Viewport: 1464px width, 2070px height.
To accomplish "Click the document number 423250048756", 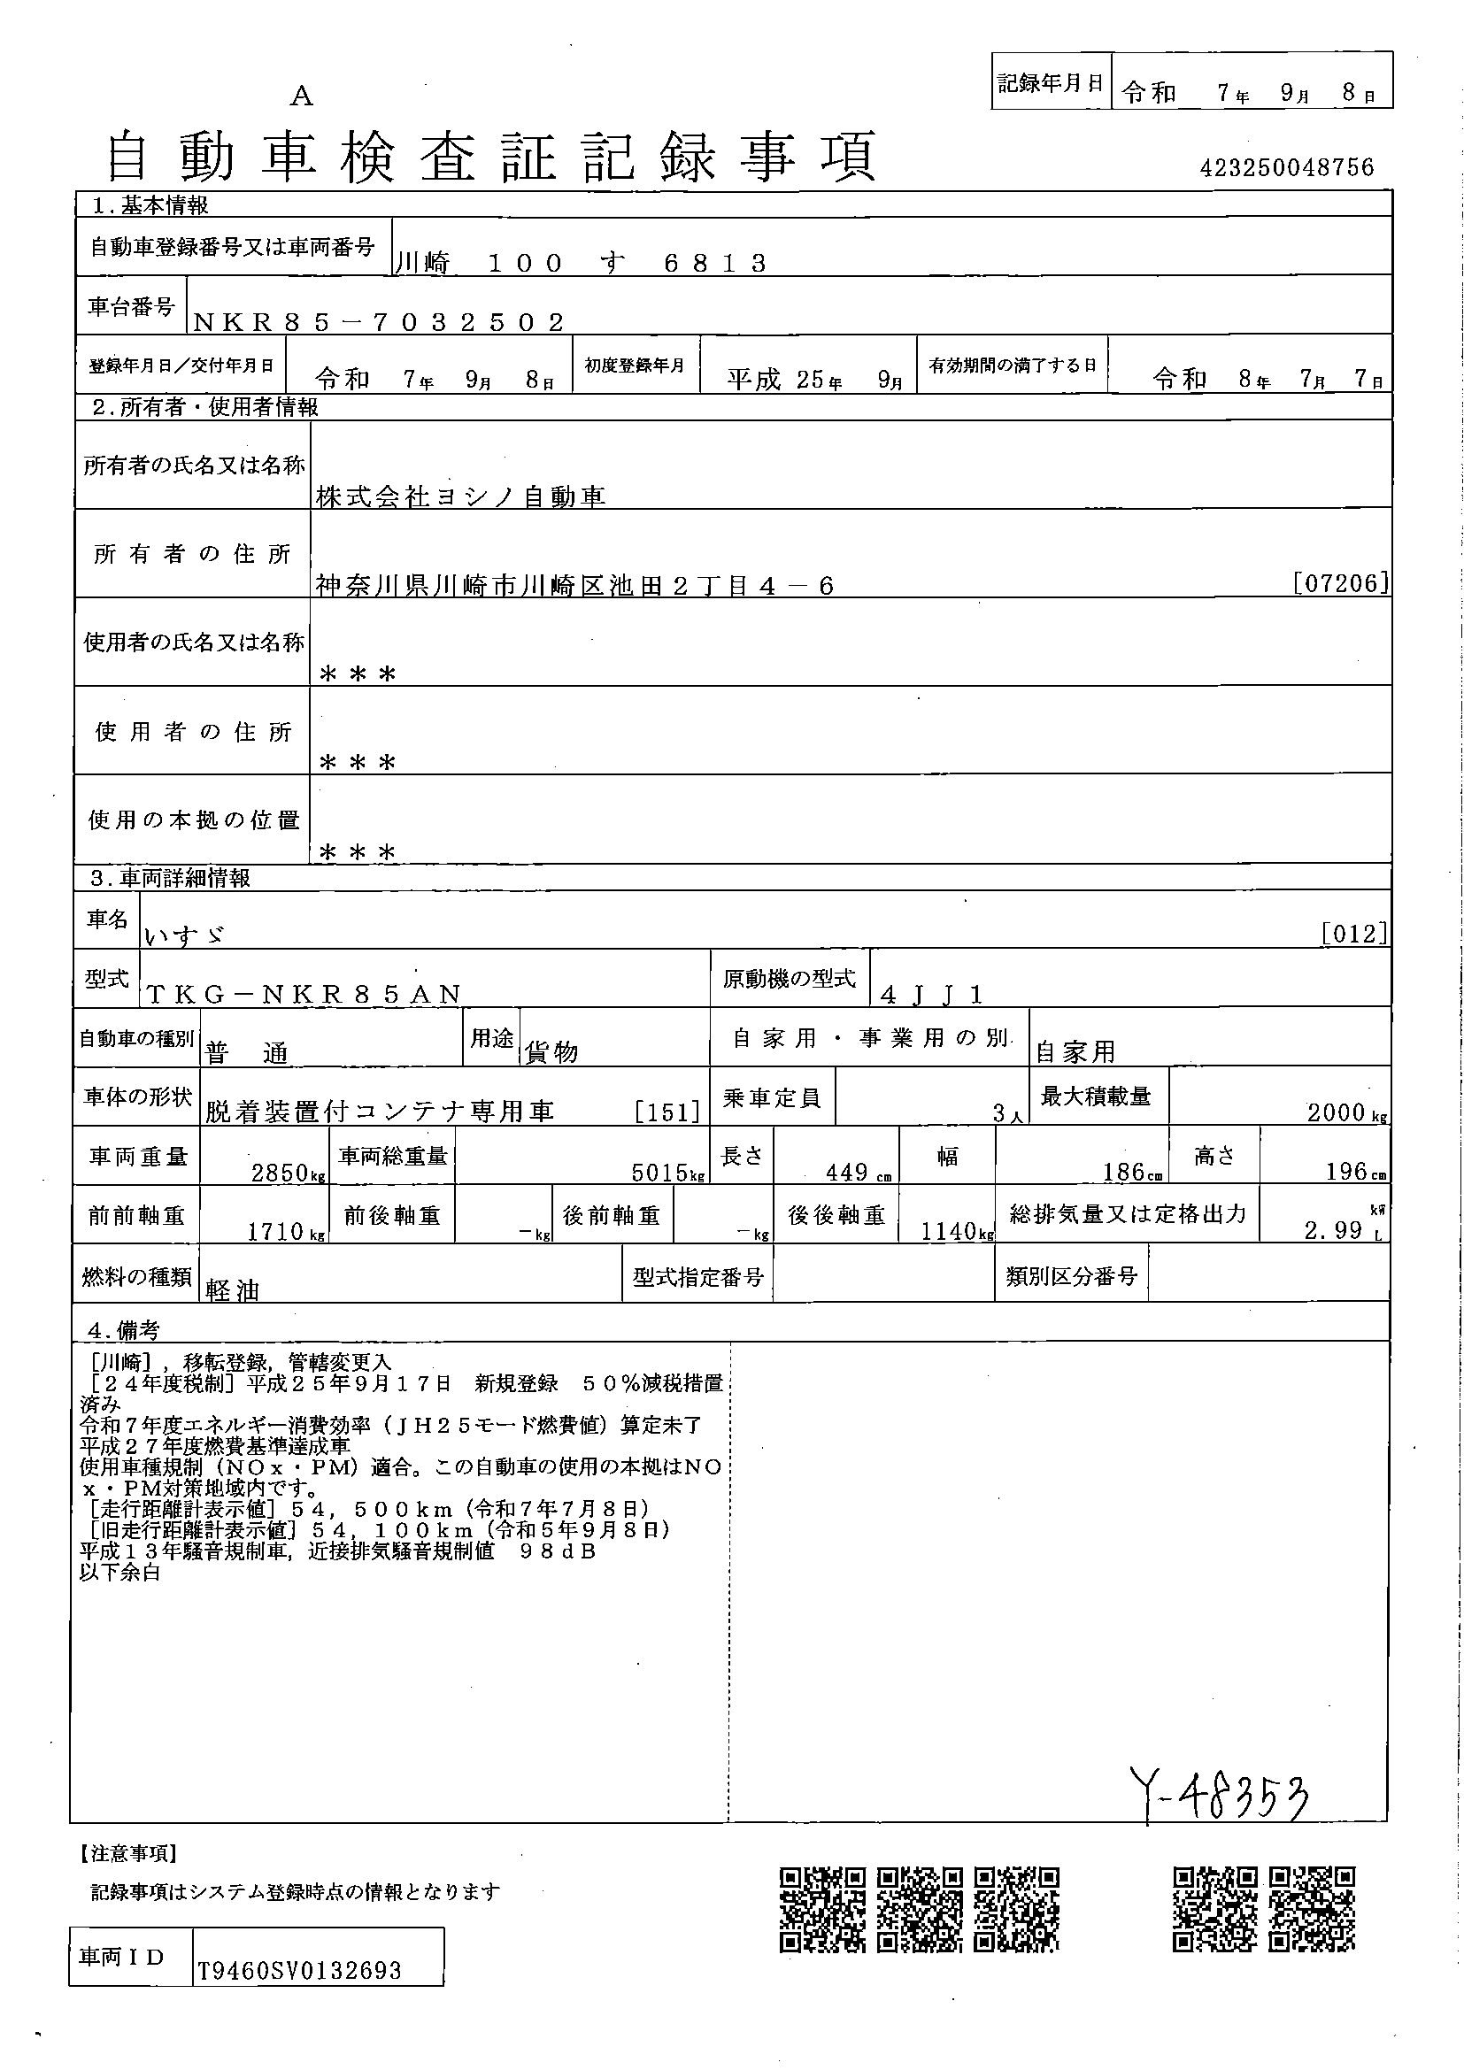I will (x=1286, y=167).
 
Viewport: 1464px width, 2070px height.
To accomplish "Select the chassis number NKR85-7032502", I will (x=379, y=322).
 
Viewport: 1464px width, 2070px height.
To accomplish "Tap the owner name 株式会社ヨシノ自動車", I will (x=460, y=496).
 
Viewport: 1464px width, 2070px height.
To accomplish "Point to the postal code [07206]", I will (x=1340, y=583).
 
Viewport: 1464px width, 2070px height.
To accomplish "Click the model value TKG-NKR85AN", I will (x=304, y=995).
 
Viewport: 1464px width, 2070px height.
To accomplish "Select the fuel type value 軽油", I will (x=233, y=1290).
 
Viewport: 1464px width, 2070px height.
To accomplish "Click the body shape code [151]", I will (x=667, y=1112).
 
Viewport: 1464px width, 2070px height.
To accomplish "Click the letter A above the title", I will (x=301, y=96).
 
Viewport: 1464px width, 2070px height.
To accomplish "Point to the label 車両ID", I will (x=121, y=1958).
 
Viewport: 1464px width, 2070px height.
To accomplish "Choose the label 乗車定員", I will (x=772, y=1098).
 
